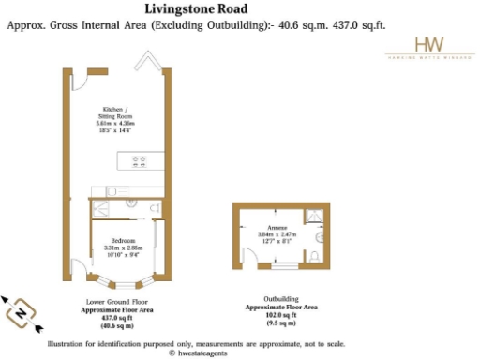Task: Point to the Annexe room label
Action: (277, 229)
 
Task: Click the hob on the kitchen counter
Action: (141, 160)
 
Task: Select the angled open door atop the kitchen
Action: (148, 62)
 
